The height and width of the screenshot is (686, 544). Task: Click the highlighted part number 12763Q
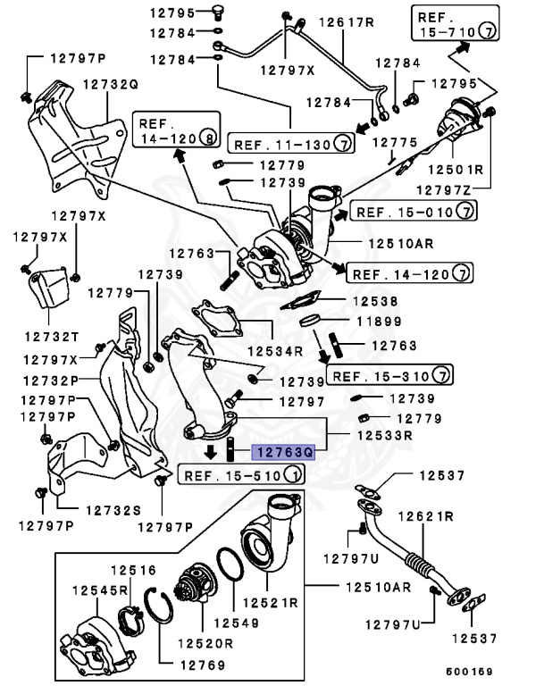(282, 453)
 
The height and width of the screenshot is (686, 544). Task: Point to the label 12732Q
(112, 85)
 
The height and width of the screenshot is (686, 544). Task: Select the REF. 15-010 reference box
(413, 211)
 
